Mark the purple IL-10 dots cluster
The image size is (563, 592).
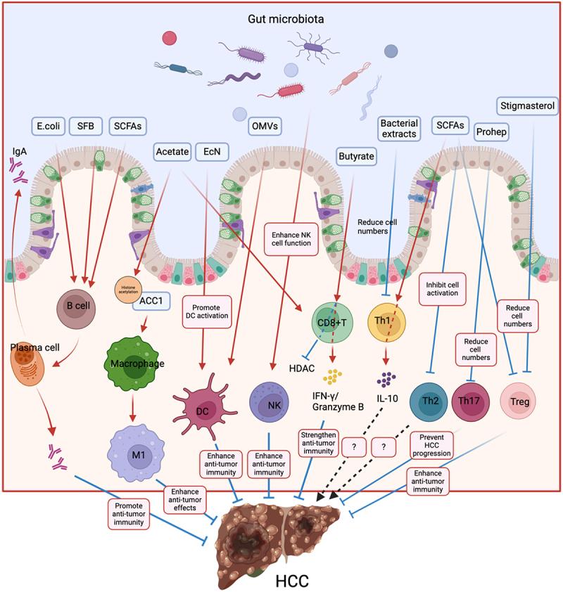386,380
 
